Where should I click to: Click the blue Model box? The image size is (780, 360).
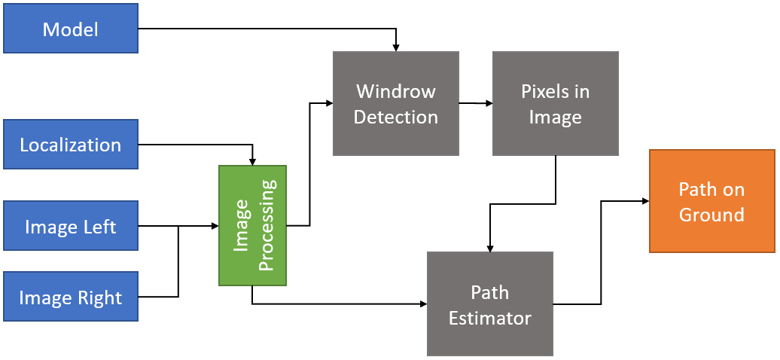71,30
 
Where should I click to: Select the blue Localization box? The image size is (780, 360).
71,145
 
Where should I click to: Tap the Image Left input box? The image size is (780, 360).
71,226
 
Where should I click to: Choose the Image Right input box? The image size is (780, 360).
71,297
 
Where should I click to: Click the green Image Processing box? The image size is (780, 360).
252,225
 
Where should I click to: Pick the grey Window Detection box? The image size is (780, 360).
396,103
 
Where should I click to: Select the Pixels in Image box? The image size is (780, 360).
556,103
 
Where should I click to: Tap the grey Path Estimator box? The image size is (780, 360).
490,304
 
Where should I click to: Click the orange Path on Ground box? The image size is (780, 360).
711,201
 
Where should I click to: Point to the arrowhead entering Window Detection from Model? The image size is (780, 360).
396,47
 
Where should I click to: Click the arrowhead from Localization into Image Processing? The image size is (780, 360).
252,160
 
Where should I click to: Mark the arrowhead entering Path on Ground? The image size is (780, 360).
644,201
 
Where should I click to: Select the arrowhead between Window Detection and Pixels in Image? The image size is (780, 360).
488,103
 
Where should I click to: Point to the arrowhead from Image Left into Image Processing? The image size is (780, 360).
214,226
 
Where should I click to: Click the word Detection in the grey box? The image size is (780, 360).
396,117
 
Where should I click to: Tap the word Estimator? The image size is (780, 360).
490,317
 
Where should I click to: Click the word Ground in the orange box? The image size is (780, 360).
711,215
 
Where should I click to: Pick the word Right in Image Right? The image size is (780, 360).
99,298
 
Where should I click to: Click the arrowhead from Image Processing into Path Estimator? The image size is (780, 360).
422,304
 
